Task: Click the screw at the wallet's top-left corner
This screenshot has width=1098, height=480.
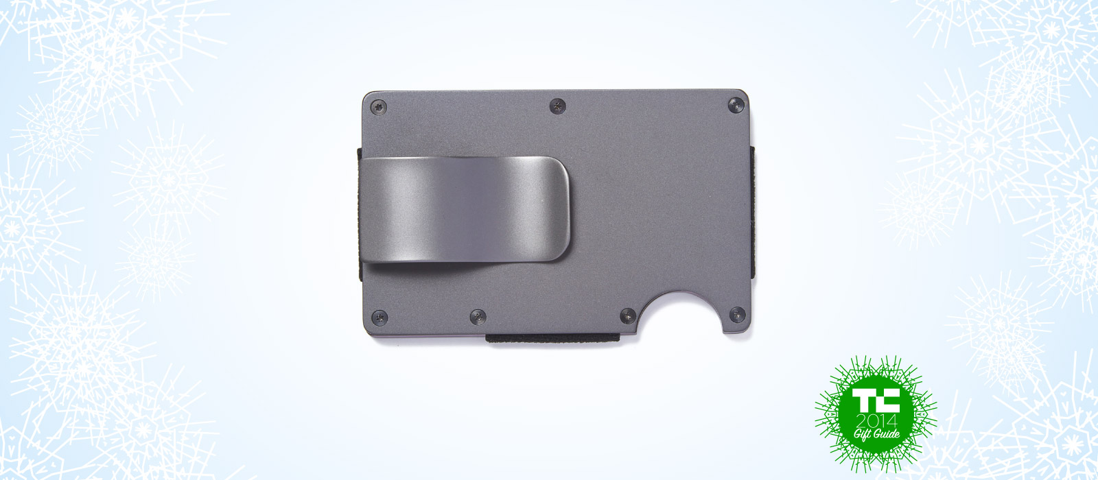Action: pos(379,107)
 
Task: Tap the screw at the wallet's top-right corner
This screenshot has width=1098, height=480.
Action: pos(735,105)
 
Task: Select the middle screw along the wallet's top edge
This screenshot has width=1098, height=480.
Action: pos(557,106)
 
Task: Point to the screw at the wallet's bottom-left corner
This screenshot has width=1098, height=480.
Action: pos(379,317)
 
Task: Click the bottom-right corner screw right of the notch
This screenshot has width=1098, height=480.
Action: pos(737,315)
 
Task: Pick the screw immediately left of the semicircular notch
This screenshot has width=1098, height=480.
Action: pos(628,316)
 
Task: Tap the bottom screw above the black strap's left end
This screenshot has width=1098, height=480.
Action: pos(478,317)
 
